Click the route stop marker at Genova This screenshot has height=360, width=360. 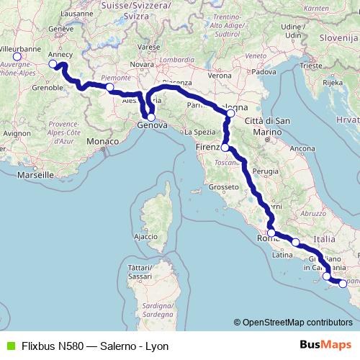(151, 117)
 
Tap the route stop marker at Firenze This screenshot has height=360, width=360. (225, 148)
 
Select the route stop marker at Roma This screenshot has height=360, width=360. (271, 233)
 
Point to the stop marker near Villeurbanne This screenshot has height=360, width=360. (17, 56)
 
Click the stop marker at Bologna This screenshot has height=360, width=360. (230, 113)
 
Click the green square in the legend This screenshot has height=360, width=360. (9, 345)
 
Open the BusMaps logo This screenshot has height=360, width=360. (323, 345)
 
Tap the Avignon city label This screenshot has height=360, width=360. (17, 133)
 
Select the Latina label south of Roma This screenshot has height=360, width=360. (282, 254)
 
